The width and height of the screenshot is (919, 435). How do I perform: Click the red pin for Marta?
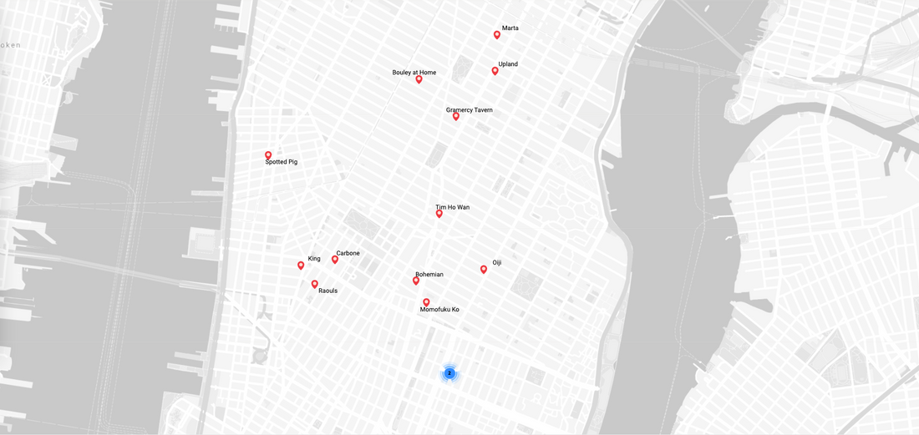[x=497, y=35]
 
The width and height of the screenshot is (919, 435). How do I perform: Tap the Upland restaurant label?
[x=508, y=64]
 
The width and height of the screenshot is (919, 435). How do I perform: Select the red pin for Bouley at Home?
[x=419, y=79]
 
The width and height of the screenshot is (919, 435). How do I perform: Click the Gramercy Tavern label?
[x=469, y=110]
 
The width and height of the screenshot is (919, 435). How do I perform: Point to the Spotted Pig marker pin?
[x=268, y=155]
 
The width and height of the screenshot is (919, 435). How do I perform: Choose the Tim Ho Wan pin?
[x=439, y=214]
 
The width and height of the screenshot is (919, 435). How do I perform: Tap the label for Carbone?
[x=348, y=253]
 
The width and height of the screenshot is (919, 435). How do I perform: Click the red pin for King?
[x=301, y=266]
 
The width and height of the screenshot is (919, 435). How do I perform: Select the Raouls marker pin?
[x=315, y=284]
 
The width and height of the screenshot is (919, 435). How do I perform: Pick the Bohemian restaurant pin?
[x=416, y=281]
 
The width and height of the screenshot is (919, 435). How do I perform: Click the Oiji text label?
[x=496, y=263]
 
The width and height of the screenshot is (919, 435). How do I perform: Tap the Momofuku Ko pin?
[x=426, y=302]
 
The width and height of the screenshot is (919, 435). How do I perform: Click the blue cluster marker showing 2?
[x=449, y=373]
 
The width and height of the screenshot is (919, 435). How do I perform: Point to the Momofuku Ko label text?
[x=439, y=310]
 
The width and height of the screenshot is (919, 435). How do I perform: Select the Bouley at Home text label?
[x=414, y=73]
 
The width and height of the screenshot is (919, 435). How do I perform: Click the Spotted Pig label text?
[x=281, y=162]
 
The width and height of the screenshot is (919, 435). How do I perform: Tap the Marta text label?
[x=510, y=28]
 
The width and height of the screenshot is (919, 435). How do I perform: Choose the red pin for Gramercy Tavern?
[x=456, y=116]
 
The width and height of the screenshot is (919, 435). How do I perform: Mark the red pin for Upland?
[x=495, y=71]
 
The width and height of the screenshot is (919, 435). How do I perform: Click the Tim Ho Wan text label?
[x=452, y=207]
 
